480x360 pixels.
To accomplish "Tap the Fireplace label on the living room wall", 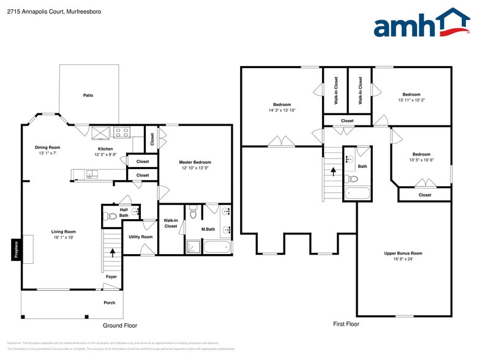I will click(x=17, y=250).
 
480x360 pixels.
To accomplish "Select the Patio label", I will click(x=88, y=96).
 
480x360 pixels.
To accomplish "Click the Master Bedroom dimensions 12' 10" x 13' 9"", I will click(x=195, y=168).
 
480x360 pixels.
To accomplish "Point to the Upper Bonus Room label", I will click(x=403, y=253).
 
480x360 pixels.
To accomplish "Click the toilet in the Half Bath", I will click(x=111, y=216).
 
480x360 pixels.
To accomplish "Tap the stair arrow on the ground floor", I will click(x=112, y=250).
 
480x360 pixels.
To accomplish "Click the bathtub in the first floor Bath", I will click(x=358, y=193).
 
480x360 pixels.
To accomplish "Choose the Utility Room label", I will click(x=141, y=237).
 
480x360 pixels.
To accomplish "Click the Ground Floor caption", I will click(x=119, y=326).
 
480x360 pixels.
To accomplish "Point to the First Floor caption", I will click(x=346, y=324).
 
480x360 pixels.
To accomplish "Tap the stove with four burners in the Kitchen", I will click(x=121, y=132).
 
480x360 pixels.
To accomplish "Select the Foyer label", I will click(x=111, y=277).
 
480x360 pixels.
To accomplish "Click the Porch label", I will click(x=108, y=302).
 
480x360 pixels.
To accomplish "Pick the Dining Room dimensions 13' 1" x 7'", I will click(x=47, y=154).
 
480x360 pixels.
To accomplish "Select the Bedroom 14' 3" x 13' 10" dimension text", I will click(x=282, y=111).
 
